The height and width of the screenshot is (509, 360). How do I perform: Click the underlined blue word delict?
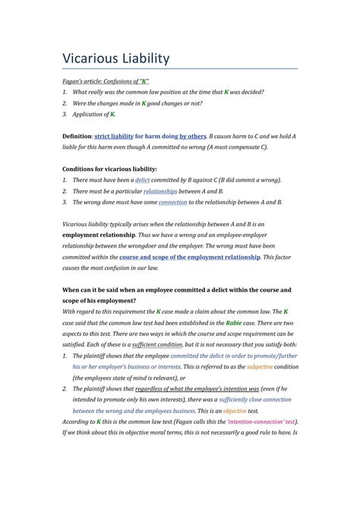(x=142, y=180)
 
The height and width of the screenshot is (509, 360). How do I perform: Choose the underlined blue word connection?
(x=172, y=203)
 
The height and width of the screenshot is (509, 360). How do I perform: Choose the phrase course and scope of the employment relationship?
(x=190, y=258)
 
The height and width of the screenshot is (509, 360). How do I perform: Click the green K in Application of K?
(x=113, y=114)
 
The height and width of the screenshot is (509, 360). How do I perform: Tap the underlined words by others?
(x=193, y=135)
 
